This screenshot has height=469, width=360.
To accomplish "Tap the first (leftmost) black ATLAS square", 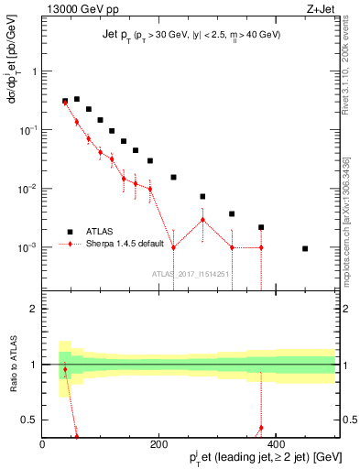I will click(x=65, y=101).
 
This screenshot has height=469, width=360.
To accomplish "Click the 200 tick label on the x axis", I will click(x=159, y=446).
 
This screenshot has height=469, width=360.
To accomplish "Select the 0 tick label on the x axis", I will click(x=42, y=446).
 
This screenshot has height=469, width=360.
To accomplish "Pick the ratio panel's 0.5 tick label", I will click(x=29, y=420).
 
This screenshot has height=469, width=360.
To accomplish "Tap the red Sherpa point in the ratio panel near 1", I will click(x=65, y=370).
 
